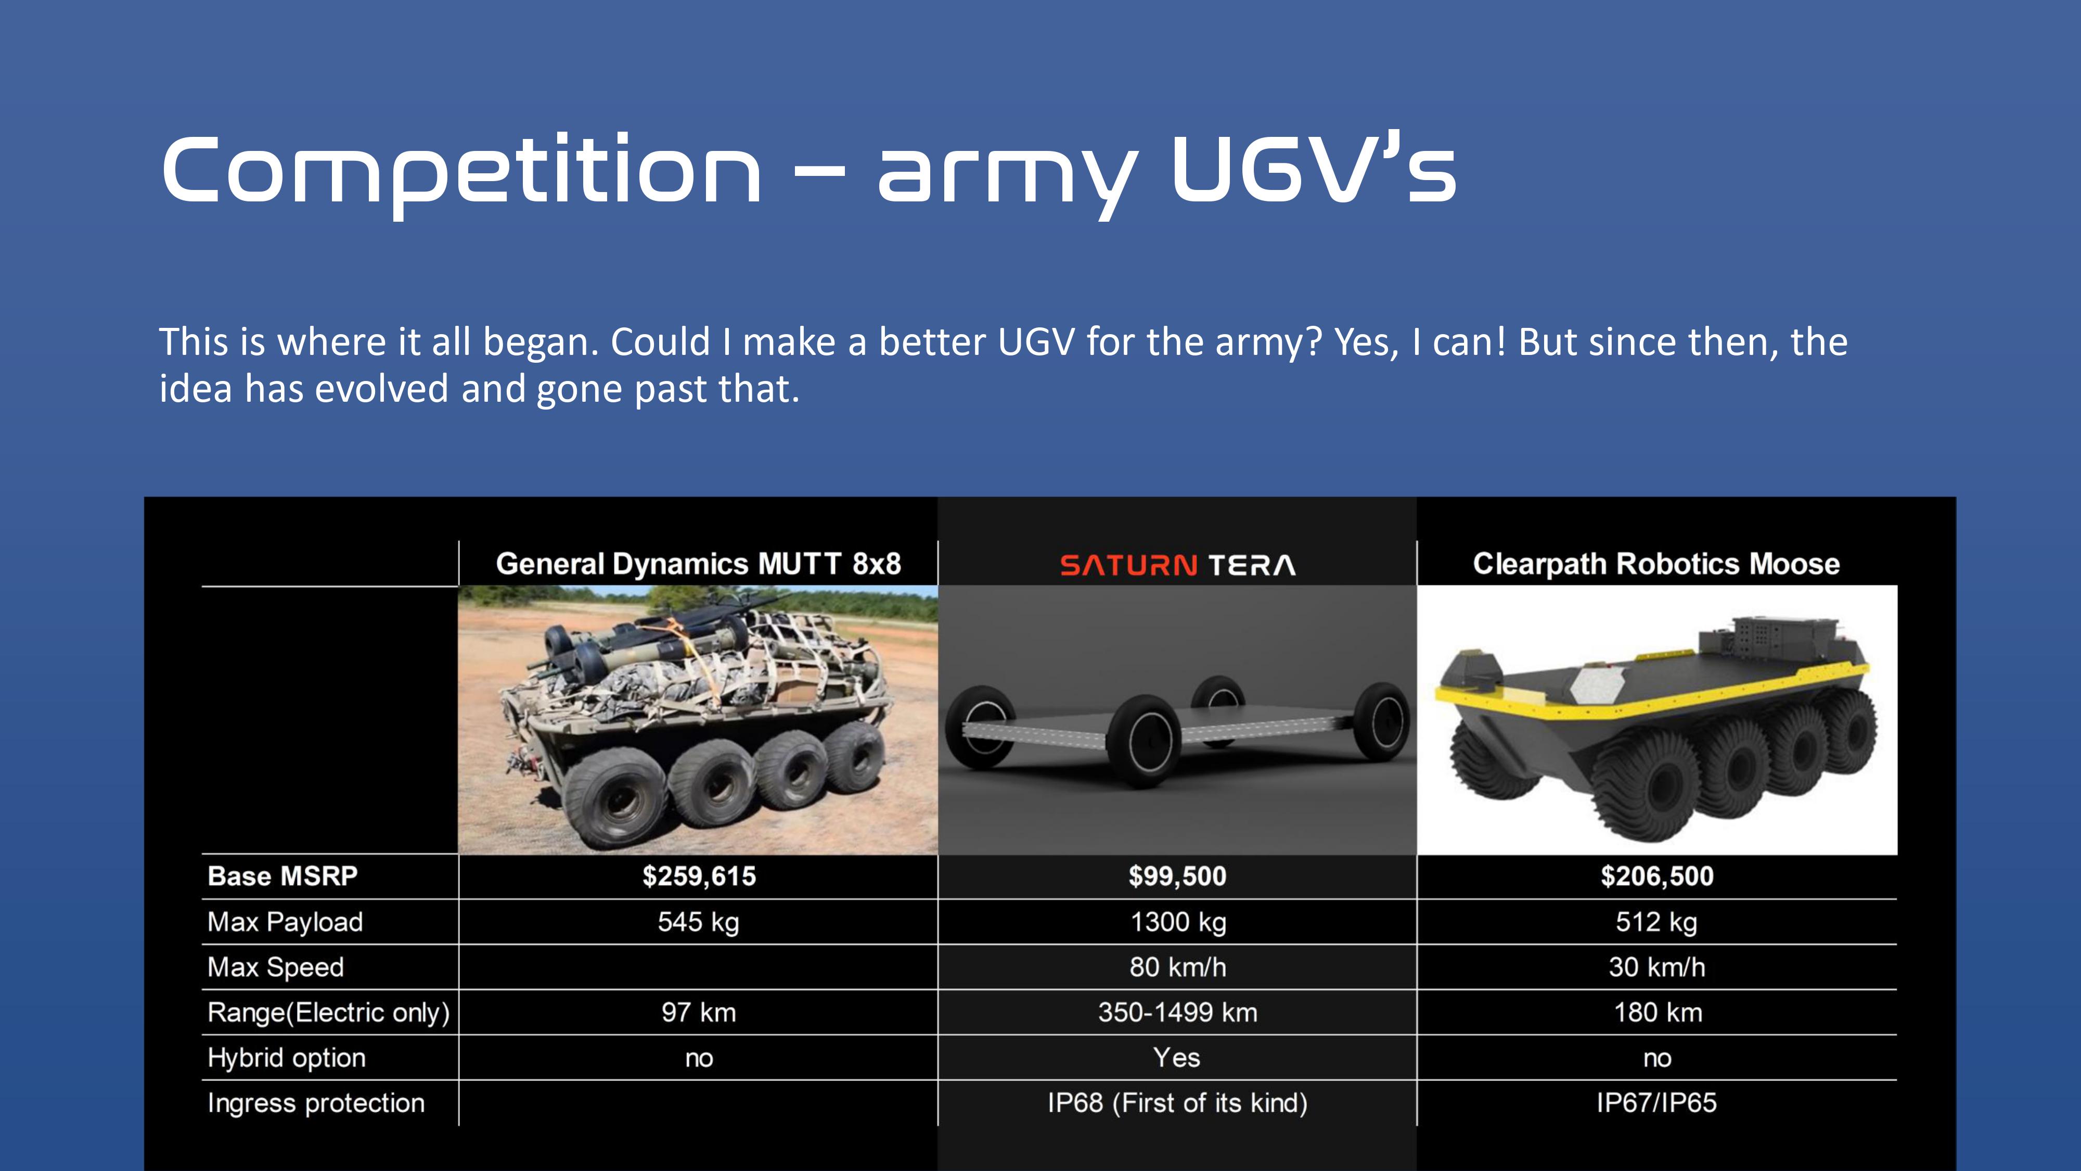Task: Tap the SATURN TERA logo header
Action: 1177,565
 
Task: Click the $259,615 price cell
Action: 699,876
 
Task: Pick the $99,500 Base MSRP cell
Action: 1177,876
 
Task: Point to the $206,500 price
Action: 1657,876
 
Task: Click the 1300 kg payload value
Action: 1178,922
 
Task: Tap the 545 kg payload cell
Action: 698,922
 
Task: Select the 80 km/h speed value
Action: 1178,968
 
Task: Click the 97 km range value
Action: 699,1013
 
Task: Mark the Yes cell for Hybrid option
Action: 1176,1058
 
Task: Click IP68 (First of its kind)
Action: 1177,1103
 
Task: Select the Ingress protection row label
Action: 316,1103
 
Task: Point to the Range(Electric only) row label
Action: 328,1013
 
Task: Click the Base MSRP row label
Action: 282,876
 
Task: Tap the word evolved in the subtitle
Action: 381,389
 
